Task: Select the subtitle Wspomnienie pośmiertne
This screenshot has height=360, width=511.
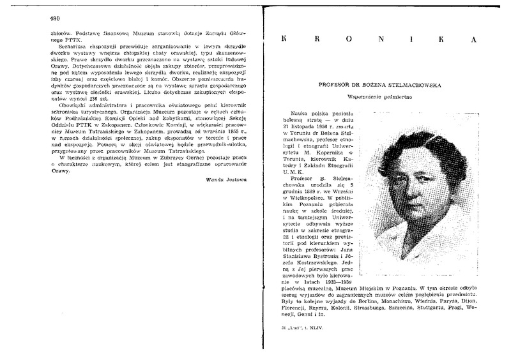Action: pos(377,97)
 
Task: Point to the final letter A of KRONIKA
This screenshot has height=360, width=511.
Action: pos(472,40)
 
